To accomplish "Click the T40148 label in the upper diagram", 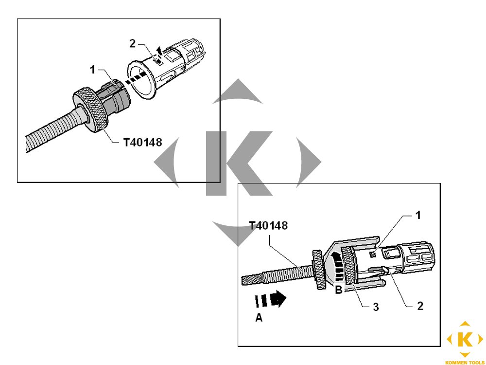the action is [x=142, y=143].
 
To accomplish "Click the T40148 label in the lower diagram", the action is [x=268, y=226].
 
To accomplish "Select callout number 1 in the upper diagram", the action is [x=92, y=70].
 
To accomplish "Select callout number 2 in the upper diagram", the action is [x=132, y=44].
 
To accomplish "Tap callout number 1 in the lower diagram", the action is [x=418, y=215].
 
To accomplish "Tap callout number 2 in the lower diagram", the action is [x=420, y=306].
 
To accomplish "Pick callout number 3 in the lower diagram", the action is [x=376, y=307].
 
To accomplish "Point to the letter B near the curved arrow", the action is [x=339, y=290].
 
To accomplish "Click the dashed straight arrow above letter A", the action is [x=270, y=299].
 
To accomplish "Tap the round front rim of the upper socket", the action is [x=141, y=79].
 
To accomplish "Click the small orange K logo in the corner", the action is [x=465, y=339].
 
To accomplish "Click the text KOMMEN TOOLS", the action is [x=464, y=362].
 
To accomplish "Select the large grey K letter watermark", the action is [x=239, y=163].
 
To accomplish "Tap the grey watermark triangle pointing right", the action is [x=309, y=162].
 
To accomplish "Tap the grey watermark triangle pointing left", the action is [x=167, y=162].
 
